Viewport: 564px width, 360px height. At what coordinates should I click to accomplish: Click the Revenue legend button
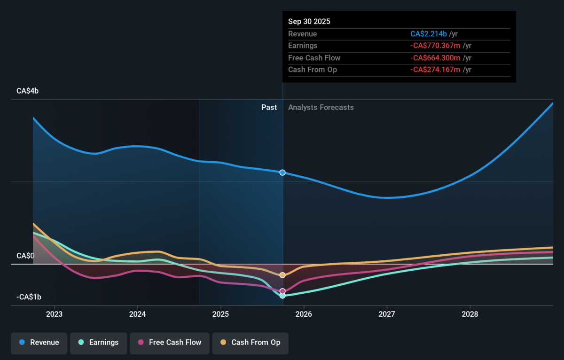click(x=39, y=343)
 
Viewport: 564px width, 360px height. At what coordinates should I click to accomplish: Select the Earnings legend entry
click(x=98, y=343)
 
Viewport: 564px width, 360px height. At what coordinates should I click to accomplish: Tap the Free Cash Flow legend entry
click(x=169, y=343)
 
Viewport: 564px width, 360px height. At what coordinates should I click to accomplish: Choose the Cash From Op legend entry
click(x=250, y=343)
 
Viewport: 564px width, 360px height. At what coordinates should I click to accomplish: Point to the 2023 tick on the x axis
click(x=55, y=314)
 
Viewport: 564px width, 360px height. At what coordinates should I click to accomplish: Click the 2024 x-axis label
click(x=137, y=314)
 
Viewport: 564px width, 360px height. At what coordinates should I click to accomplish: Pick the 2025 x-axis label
click(x=220, y=314)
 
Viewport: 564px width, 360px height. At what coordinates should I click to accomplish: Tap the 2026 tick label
click(x=304, y=314)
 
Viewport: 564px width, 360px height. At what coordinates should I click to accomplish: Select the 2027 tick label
click(x=387, y=314)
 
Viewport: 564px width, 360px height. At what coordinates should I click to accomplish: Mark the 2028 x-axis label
click(x=470, y=314)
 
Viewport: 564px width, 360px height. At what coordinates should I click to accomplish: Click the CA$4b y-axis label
click(x=27, y=91)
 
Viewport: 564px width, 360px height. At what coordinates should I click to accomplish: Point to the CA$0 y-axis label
click(x=25, y=256)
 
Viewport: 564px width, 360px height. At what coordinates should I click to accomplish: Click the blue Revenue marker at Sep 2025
click(x=282, y=172)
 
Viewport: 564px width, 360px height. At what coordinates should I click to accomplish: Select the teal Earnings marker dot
click(x=282, y=296)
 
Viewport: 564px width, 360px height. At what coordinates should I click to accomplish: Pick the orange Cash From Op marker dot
click(x=282, y=275)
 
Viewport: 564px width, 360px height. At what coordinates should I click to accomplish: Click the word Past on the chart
click(x=269, y=108)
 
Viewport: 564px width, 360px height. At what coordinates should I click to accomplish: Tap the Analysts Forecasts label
click(x=321, y=108)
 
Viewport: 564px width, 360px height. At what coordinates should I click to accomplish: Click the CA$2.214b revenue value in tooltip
click(x=429, y=34)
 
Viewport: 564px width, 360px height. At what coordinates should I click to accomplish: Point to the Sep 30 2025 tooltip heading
click(x=309, y=22)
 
